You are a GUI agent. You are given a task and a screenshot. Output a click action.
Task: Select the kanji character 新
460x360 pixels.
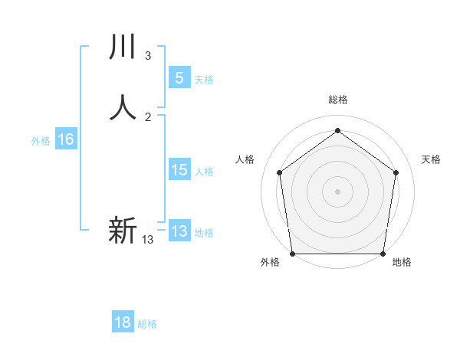(x=123, y=230)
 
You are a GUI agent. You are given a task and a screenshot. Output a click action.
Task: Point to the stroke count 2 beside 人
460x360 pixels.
(x=147, y=117)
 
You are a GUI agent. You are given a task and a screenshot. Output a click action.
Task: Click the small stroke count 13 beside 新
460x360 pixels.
(x=147, y=240)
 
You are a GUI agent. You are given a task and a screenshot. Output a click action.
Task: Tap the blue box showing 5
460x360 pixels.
(x=179, y=78)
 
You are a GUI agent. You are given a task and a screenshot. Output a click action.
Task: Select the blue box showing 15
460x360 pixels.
(x=179, y=170)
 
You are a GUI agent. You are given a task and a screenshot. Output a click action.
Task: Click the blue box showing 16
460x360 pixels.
(x=65, y=139)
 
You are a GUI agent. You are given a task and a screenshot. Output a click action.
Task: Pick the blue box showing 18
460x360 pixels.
(x=123, y=322)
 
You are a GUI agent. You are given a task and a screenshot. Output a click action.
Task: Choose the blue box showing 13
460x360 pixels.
(x=179, y=231)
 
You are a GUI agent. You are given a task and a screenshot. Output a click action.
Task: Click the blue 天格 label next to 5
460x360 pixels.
(x=204, y=80)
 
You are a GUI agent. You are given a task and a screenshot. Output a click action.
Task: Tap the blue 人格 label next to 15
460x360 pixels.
(x=205, y=172)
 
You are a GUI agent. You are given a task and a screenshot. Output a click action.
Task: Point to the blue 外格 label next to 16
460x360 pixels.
(x=41, y=141)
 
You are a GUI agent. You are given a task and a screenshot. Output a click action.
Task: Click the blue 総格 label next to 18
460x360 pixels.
(x=147, y=324)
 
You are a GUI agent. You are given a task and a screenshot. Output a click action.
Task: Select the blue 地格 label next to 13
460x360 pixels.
(x=204, y=233)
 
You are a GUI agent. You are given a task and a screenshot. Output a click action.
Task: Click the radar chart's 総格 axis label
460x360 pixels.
(x=337, y=100)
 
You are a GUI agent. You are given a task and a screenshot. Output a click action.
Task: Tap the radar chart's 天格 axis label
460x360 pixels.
(x=431, y=159)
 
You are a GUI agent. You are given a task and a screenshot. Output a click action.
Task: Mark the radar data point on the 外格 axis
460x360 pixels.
(x=292, y=254)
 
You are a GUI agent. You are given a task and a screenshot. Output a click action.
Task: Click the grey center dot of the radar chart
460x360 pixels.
(x=337, y=191)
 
